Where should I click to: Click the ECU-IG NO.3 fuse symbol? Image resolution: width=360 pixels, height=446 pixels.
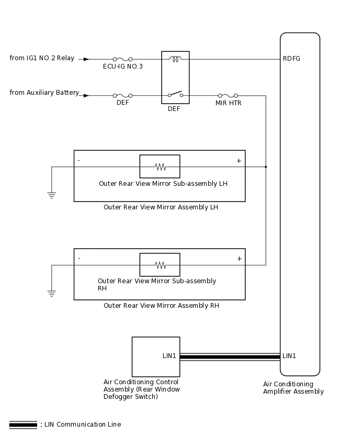pos(122,59)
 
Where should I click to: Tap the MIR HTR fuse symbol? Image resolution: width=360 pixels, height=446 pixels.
pos(228,96)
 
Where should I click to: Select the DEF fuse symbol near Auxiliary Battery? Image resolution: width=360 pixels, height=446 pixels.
pos(122,96)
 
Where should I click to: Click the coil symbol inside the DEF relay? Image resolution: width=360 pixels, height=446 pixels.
pos(175,59)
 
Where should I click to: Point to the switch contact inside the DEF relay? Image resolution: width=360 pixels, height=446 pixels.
pos(175,94)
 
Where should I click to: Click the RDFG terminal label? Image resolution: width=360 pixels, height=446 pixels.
pos(291,59)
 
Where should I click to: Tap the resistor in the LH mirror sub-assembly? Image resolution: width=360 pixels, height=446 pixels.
pos(160,167)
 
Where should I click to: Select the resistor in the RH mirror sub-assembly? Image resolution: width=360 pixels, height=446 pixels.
pos(160,265)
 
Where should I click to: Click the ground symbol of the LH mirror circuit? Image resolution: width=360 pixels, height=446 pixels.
pos(52,195)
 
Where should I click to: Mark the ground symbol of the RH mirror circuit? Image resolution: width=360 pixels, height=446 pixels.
pos(52,294)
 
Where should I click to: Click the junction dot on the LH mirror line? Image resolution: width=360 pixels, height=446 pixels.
pos(266,167)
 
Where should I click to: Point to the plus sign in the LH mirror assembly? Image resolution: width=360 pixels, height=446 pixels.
pos(239,161)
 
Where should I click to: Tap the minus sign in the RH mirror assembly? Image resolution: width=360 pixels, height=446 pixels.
pos(79,258)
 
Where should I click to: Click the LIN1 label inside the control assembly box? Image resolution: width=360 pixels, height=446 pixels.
pos(170,356)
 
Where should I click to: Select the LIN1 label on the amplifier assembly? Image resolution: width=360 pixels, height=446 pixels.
pos(289,356)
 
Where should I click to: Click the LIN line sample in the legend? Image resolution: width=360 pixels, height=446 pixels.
pos(23,425)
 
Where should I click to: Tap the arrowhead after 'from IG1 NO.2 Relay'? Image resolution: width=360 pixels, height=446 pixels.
pos(86,59)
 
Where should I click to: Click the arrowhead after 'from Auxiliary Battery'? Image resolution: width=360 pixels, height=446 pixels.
pos(86,96)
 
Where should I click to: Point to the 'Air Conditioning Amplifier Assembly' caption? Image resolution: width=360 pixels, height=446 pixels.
pos(293,388)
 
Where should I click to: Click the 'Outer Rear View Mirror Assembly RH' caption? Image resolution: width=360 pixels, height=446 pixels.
pos(161,306)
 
